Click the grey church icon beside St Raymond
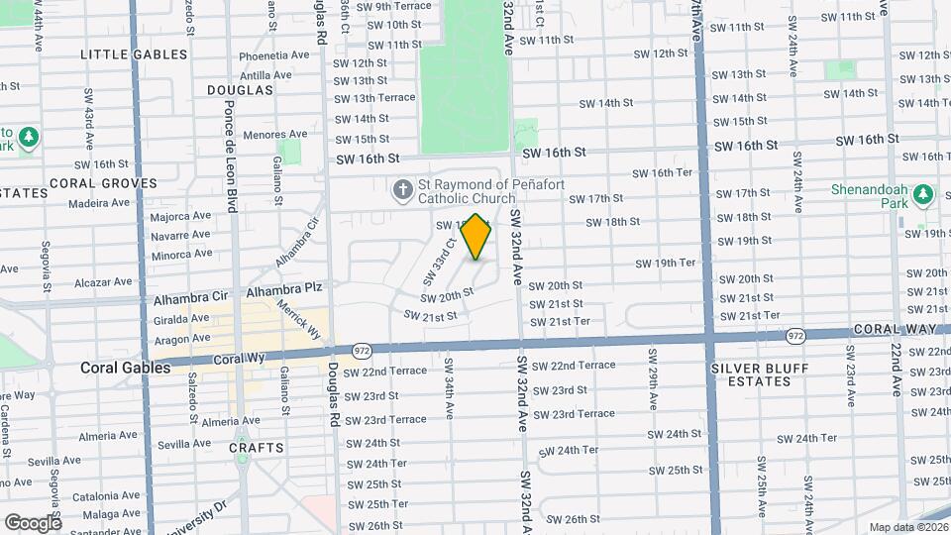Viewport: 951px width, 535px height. (402, 189)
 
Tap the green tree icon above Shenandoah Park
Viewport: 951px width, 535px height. (924, 193)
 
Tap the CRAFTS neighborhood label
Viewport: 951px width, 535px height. (257, 448)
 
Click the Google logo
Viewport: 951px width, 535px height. (33, 522)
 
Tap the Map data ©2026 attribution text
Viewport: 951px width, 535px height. (908, 527)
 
